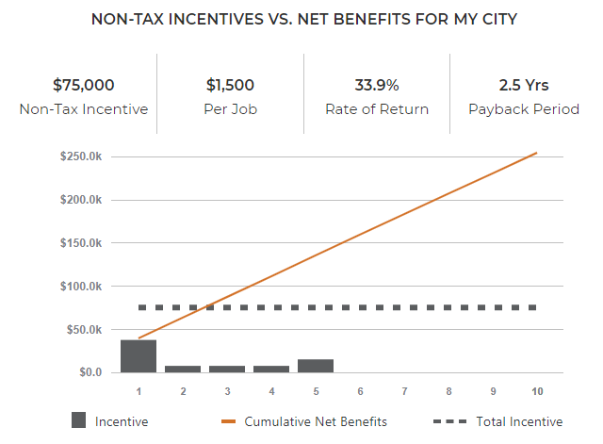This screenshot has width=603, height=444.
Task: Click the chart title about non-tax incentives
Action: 303,19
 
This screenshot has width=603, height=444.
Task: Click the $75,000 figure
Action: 83,85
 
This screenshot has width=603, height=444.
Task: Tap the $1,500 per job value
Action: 231,85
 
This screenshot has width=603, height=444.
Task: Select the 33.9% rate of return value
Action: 377,85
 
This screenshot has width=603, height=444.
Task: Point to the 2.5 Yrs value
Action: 524,85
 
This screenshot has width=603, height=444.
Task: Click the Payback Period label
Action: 524,109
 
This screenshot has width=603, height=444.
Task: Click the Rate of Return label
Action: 377,109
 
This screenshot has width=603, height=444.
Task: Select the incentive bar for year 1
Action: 139,356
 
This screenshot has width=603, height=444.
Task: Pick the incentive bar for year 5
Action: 316,366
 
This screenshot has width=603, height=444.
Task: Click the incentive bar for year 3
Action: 227,369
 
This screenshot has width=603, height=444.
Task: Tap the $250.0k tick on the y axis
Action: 82,156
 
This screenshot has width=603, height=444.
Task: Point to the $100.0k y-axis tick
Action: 82,287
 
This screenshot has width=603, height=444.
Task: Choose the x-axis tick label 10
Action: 537,390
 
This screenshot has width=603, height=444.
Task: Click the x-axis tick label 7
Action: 403,390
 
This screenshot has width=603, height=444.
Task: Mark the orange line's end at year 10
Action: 536,153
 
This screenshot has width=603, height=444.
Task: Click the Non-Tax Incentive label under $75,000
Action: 83,109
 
